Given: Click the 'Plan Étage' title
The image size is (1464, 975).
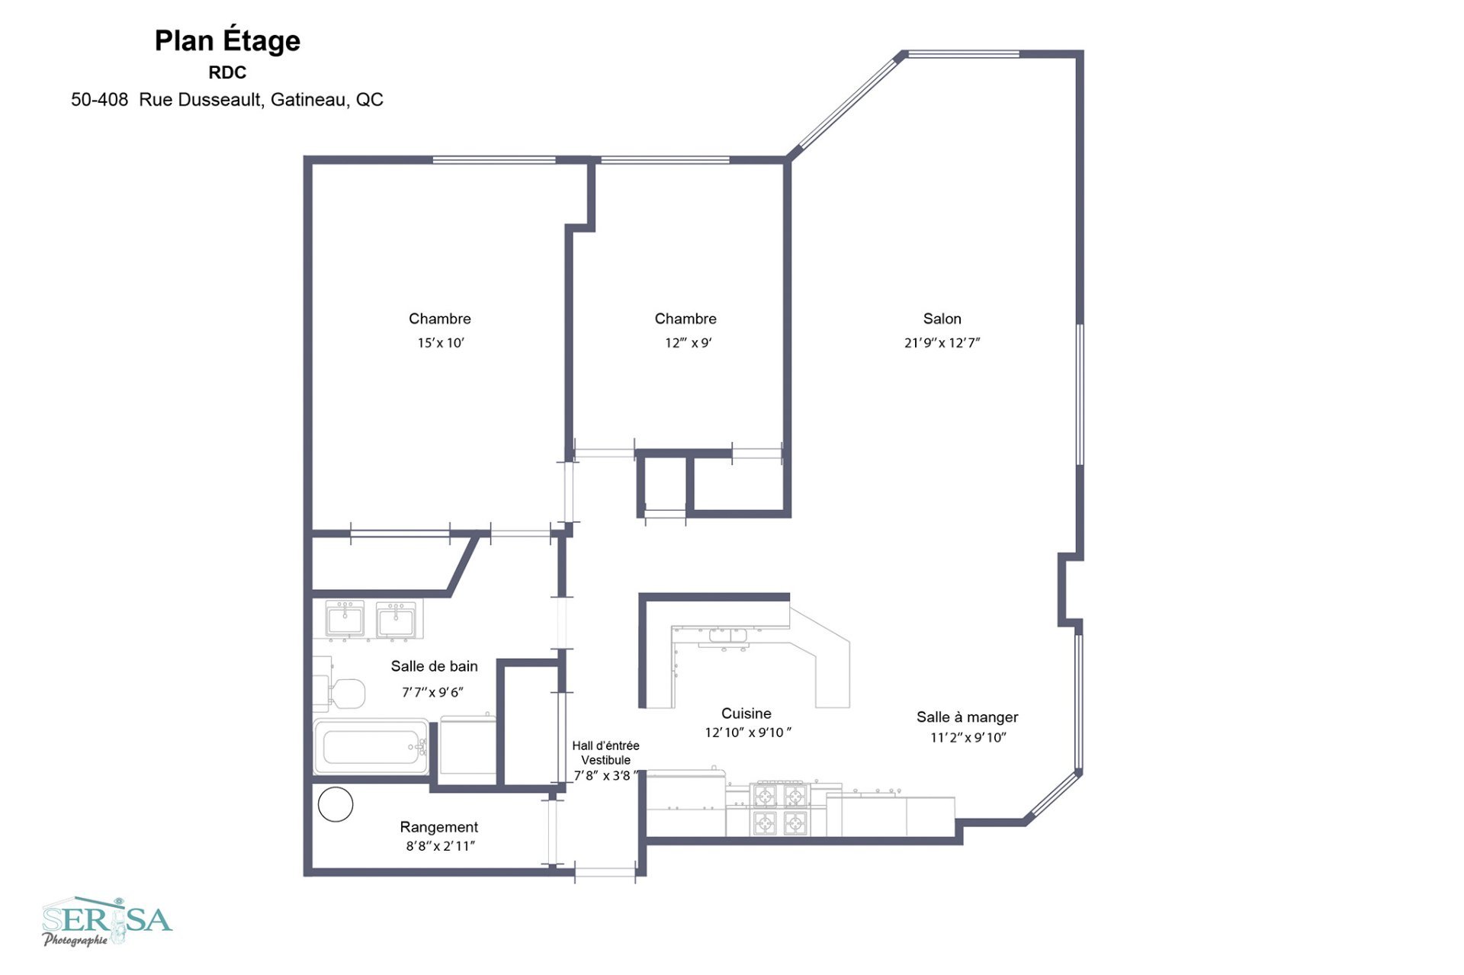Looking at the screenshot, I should [x=227, y=41].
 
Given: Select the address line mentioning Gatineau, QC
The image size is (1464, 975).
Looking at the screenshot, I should [x=227, y=100].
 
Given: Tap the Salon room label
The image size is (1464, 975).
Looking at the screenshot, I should [x=942, y=319].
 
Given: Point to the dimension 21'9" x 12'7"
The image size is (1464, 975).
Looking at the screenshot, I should [x=942, y=343].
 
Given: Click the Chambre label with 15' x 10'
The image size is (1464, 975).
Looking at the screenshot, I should [x=439, y=319].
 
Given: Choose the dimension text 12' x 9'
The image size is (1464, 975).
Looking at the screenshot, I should [x=688, y=343].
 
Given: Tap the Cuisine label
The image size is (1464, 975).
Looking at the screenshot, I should [x=746, y=714].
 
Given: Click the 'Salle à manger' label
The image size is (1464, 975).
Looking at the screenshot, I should [x=967, y=717].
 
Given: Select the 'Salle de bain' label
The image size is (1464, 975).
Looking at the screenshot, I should [x=434, y=666].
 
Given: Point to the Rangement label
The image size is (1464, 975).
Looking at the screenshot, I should [x=438, y=827].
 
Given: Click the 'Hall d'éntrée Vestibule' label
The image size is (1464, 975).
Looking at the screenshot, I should [x=605, y=753].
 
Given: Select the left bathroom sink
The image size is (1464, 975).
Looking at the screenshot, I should [x=345, y=618].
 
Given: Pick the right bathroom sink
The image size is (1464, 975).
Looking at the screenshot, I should [x=396, y=618].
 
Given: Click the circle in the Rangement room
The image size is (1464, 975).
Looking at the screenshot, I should [x=335, y=804].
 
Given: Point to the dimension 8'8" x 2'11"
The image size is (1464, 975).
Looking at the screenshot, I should [x=440, y=846].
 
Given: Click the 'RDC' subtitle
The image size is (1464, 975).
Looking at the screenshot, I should [x=227, y=73].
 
